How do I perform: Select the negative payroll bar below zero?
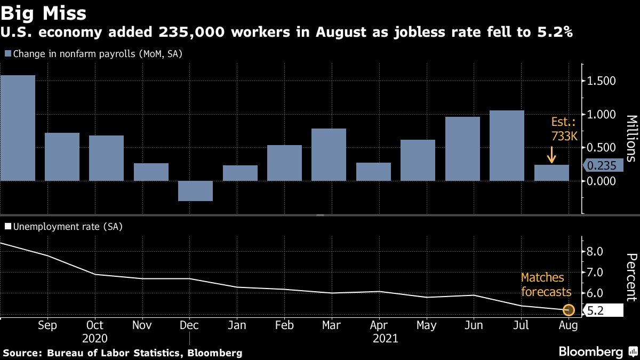point(195,191)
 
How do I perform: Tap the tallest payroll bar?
point(18,128)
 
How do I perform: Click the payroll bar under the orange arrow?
point(551,173)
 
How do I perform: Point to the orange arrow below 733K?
point(551,156)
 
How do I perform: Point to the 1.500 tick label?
point(602,81)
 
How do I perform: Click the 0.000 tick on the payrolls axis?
point(602,181)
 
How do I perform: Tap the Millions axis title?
point(630,138)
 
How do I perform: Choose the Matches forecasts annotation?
point(546,285)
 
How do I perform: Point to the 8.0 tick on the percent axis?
point(595,251)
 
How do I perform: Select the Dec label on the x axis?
point(189,325)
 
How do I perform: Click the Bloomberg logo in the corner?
point(597,351)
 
